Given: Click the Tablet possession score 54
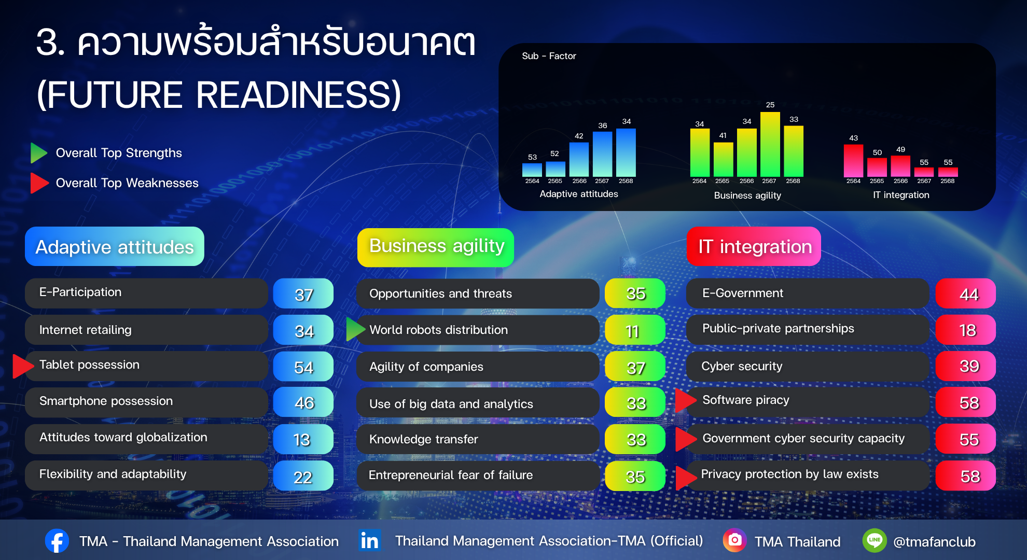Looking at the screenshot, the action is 303,367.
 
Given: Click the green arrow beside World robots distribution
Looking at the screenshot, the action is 355,329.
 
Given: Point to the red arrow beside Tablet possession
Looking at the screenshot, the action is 22,366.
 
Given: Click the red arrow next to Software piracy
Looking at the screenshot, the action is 685,400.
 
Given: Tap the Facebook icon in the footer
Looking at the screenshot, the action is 57,541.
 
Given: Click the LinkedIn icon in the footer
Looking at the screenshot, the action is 370,540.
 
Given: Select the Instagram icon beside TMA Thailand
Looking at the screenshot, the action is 734,540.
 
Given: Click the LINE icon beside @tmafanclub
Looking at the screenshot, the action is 875,540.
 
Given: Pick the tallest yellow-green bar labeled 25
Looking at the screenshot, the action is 770,144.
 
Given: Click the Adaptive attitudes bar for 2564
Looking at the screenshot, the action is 532,170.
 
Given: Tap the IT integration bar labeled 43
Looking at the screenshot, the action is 853,161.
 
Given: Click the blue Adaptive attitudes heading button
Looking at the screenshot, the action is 115,246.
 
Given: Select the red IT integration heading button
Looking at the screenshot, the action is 754,246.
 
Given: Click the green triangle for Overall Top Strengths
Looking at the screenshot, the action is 39,153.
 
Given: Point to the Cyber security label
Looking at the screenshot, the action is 742,366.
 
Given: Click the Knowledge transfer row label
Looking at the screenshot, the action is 423,439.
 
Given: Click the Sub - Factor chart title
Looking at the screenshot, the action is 549,56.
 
